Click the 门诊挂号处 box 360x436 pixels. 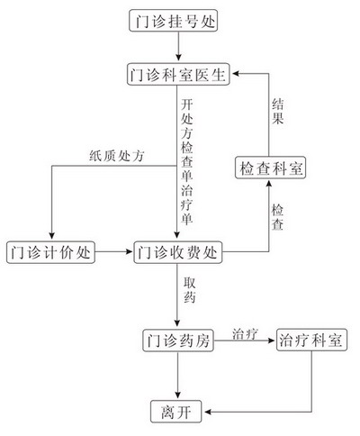[x=173, y=21]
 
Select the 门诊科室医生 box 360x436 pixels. [x=178, y=74]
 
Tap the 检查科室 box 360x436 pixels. [x=270, y=168]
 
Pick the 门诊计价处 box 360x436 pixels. [x=50, y=252]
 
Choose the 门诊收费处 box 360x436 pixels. [x=178, y=252]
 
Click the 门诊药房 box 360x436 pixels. [x=178, y=341]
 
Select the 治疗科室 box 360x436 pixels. [x=311, y=341]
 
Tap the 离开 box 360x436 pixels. [x=176, y=412]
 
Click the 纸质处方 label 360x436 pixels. [x=117, y=156]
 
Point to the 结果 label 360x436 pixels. [x=278, y=112]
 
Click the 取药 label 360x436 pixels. [x=190, y=290]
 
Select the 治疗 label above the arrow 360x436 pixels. [x=245, y=334]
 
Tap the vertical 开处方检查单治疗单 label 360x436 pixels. [x=187, y=161]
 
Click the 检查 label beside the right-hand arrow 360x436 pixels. [x=277, y=218]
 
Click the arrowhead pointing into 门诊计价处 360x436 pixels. [x=52, y=236]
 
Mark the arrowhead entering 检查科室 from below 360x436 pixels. [x=269, y=183]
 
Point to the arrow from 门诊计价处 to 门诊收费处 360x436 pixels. [x=114, y=251]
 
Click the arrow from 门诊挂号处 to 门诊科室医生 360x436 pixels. [x=178, y=46]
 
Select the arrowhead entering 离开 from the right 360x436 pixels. [x=208, y=412]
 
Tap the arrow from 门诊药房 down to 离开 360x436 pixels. [x=178, y=376]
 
